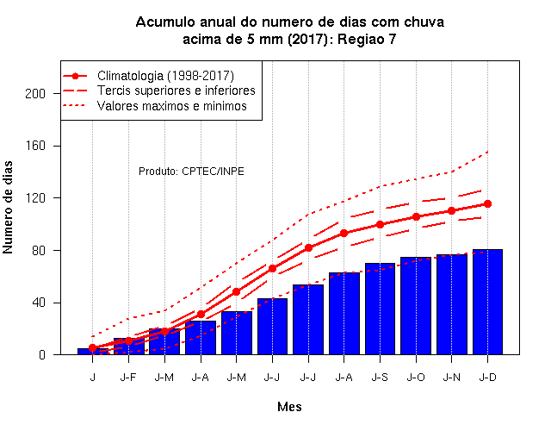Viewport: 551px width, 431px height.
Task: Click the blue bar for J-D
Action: click(x=487, y=302)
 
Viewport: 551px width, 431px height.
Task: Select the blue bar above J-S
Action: click(x=380, y=309)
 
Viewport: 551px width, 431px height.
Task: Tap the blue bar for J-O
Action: click(x=416, y=306)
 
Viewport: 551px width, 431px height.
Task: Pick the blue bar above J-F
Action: click(x=128, y=347)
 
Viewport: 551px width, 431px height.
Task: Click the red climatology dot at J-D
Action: click(x=487, y=203)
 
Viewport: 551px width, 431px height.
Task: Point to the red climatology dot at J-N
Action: click(x=451, y=210)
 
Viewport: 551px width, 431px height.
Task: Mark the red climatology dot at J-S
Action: click(x=380, y=224)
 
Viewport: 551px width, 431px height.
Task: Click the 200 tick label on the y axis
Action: click(x=35, y=94)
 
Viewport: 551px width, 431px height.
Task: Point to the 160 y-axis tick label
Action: click(x=35, y=146)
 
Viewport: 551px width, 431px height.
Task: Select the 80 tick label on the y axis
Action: click(x=39, y=251)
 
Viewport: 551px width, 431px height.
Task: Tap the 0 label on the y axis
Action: click(x=42, y=354)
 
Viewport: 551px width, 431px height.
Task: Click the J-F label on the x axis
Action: click(x=128, y=378)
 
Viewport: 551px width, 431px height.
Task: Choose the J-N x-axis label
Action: click(x=451, y=378)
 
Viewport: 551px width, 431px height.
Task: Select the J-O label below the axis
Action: click(x=416, y=378)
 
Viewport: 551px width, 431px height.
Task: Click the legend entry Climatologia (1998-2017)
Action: click(x=165, y=76)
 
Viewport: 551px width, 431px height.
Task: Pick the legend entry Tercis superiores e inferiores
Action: click(x=176, y=91)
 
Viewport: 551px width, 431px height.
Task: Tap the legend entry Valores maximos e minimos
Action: click(x=172, y=105)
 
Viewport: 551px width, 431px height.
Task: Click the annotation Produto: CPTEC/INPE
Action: click(x=191, y=172)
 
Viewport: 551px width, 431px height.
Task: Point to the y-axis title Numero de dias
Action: click(x=8, y=207)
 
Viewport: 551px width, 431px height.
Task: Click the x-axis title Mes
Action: click(x=289, y=407)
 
